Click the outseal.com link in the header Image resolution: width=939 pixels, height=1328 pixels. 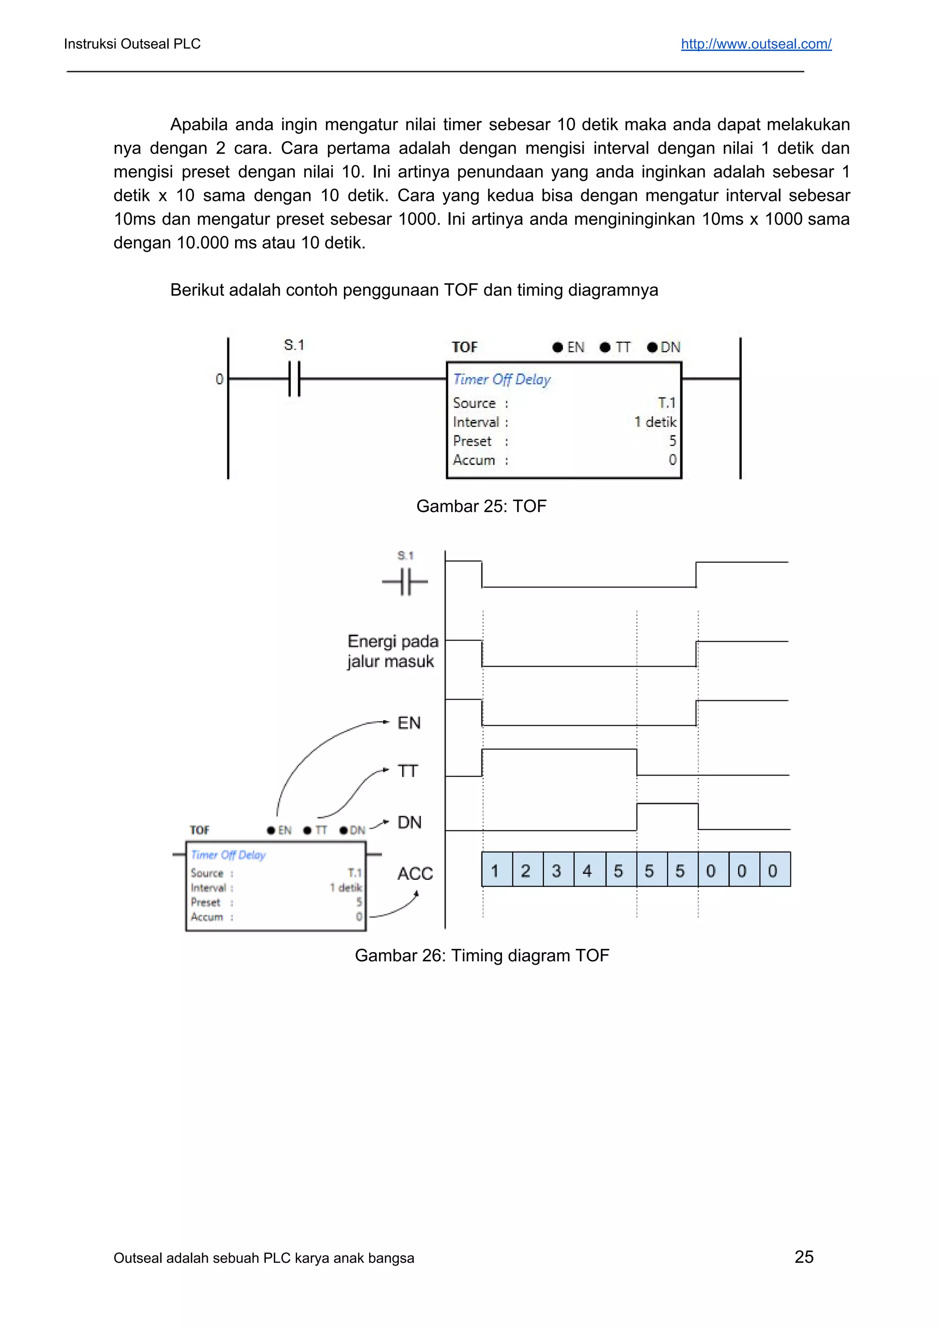tap(756, 44)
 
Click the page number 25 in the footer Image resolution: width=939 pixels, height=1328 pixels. tap(804, 1256)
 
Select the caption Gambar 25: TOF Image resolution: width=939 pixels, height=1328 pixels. tap(481, 506)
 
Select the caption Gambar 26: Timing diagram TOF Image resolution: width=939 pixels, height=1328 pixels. tap(481, 955)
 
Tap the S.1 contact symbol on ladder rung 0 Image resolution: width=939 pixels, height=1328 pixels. tap(294, 379)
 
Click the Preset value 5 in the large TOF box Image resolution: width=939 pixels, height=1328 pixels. tap(672, 441)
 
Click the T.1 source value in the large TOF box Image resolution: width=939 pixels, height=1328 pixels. tap(667, 402)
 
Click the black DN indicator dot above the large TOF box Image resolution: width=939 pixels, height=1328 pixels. tap(652, 347)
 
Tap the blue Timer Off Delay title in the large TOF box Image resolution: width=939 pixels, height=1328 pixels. tap(502, 380)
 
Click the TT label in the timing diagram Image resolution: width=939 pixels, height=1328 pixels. tap(408, 771)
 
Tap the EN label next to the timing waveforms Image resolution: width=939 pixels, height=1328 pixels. tap(409, 723)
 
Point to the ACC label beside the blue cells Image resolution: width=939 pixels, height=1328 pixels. tap(415, 873)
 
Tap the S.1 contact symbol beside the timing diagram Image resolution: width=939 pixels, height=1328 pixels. tap(405, 581)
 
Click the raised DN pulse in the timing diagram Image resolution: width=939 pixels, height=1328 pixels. tap(667, 804)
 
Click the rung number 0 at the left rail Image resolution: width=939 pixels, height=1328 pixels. tap(219, 380)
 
